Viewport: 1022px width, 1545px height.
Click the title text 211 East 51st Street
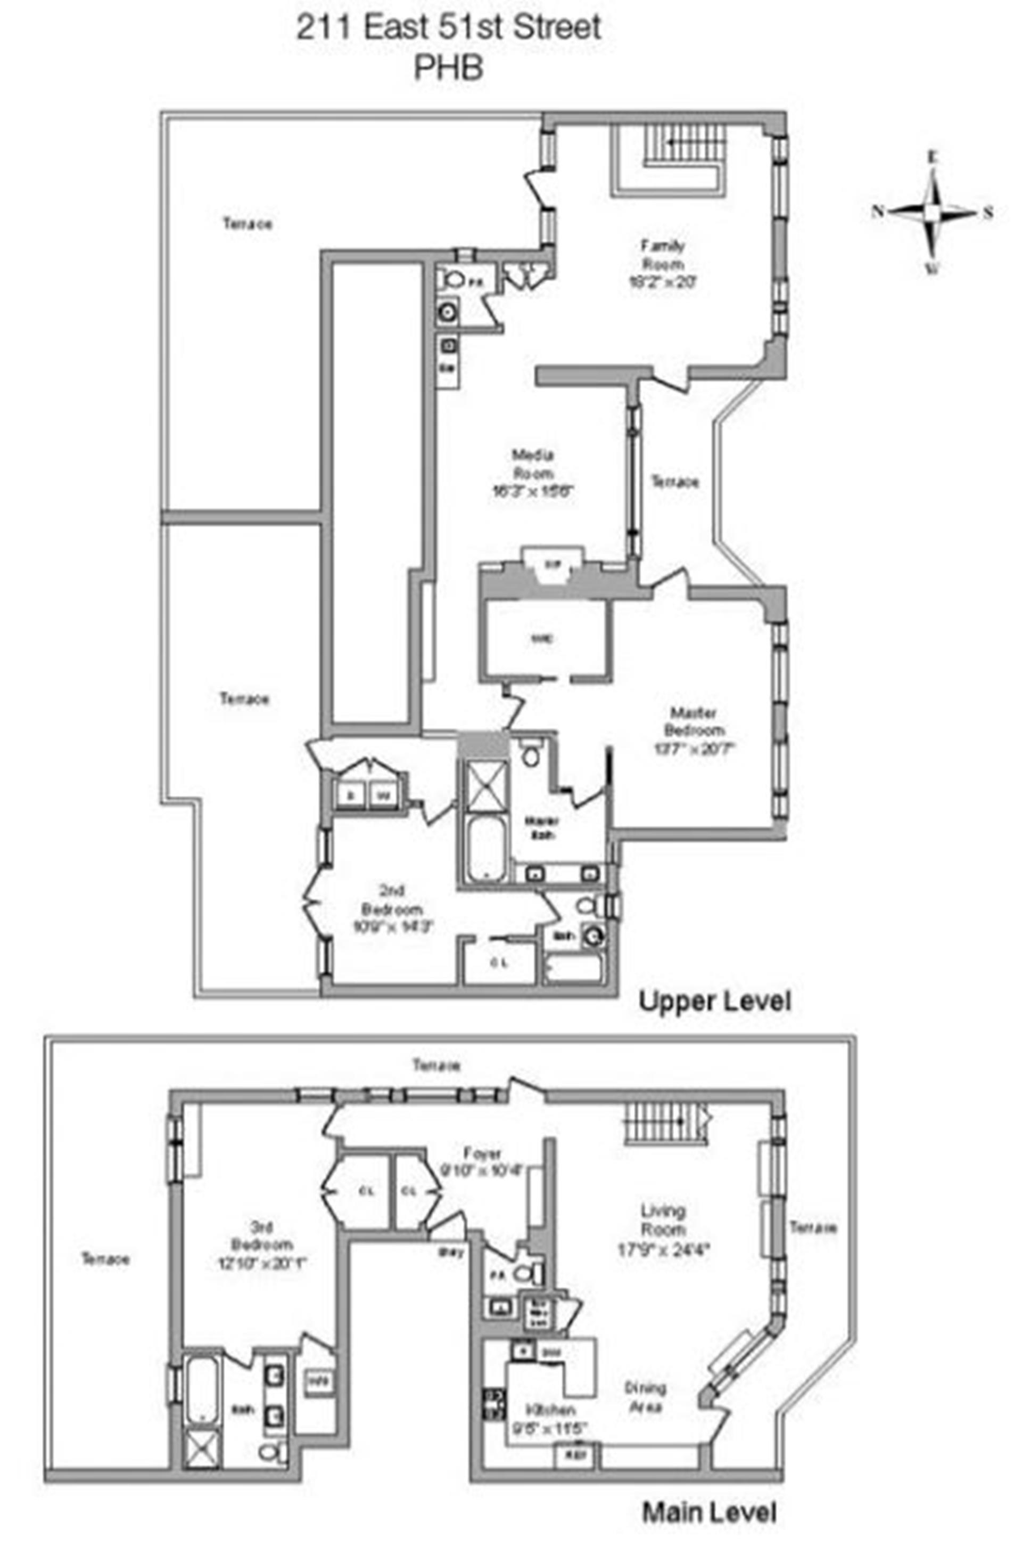click(448, 29)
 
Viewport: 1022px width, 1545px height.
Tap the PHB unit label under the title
click(448, 67)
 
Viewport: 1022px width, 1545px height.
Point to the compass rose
click(933, 212)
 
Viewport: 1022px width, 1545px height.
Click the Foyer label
click(482, 1152)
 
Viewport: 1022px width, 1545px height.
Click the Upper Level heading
click(714, 1001)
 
